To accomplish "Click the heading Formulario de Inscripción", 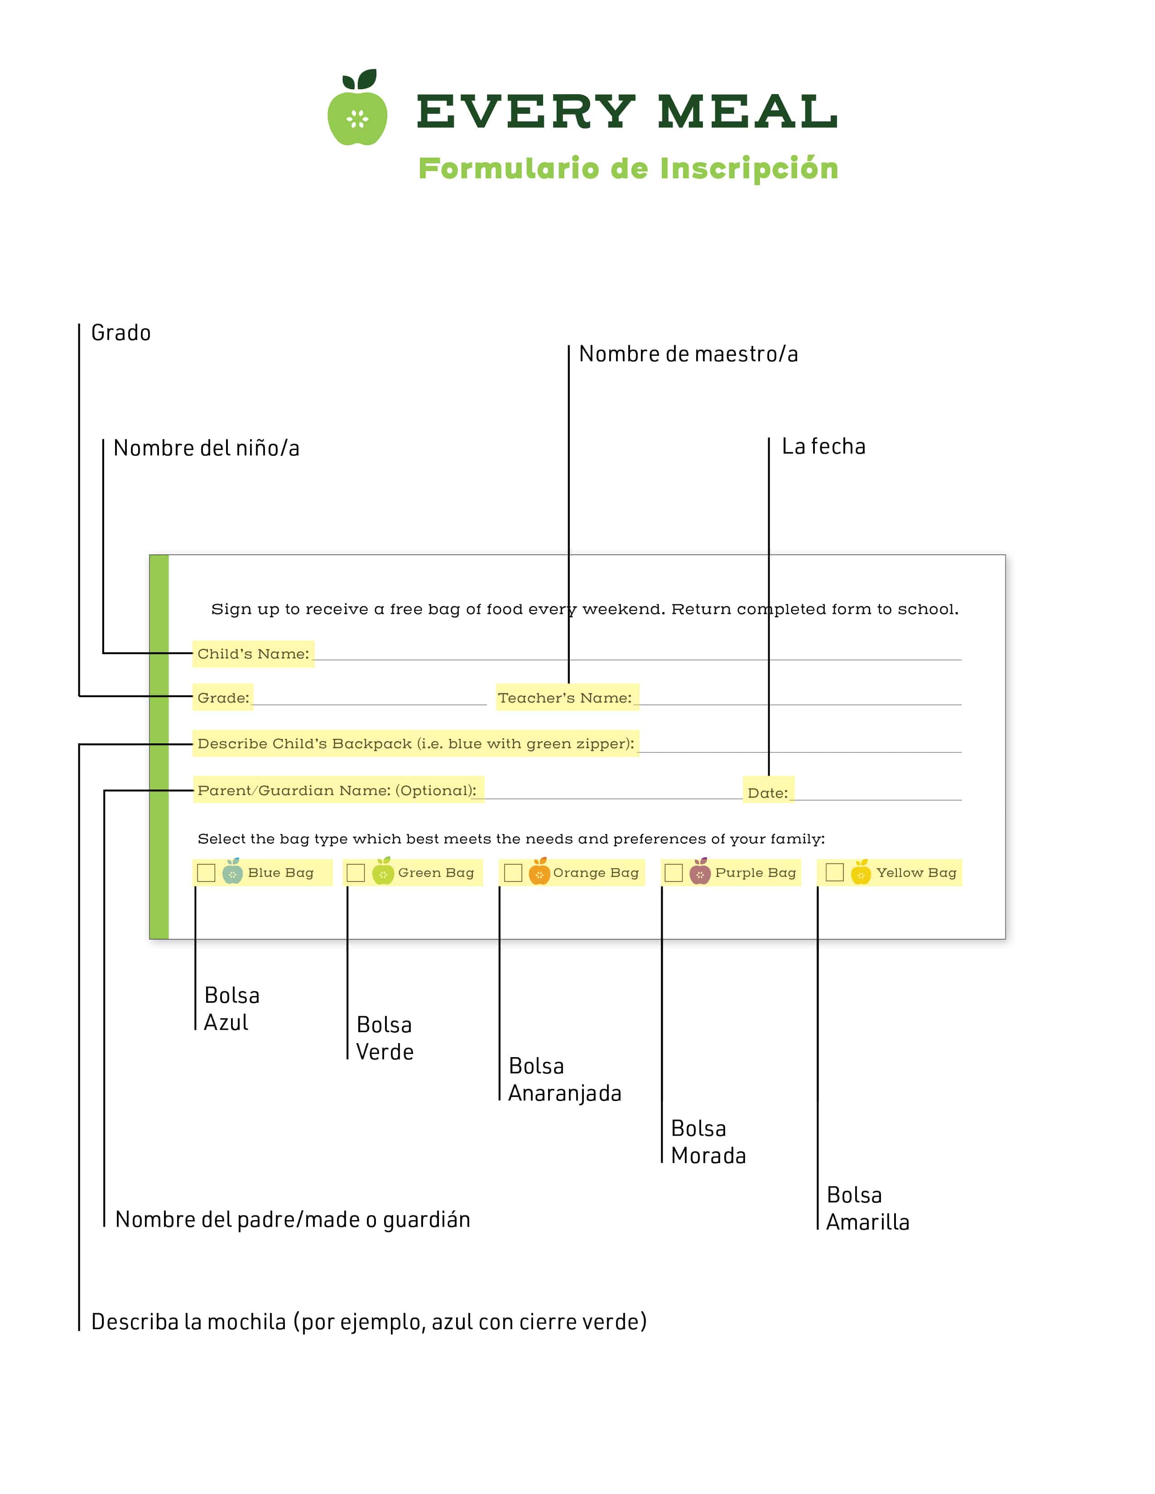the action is (x=628, y=168).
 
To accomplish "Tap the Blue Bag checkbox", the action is (x=206, y=873).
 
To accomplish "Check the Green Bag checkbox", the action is (x=356, y=873).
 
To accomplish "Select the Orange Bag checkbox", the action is (x=513, y=873).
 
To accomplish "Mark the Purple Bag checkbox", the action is (x=674, y=873).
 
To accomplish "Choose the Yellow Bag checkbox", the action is (x=835, y=873).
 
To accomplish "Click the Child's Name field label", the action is (x=253, y=654).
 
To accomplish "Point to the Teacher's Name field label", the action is (x=565, y=698).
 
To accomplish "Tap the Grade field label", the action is (x=223, y=698).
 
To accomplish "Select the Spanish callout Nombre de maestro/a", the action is (x=688, y=354).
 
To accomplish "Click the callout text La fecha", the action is (x=824, y=446).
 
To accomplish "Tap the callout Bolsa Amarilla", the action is (x=868, y=1209).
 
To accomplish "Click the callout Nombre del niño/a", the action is (x=207, y=448).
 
